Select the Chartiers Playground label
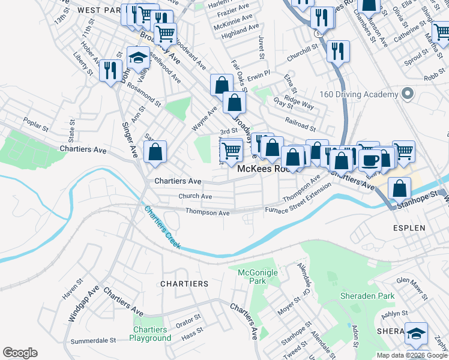(x=149, y=334)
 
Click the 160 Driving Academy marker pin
(x=408, y=94)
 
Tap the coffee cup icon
(x=371, y=160)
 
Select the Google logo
(x=20, y=352)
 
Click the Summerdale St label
(x=93, y=340)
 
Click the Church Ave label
(x=195, y=196)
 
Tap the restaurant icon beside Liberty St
(x=110, y=70)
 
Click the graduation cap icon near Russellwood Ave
(x=139, y=59)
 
